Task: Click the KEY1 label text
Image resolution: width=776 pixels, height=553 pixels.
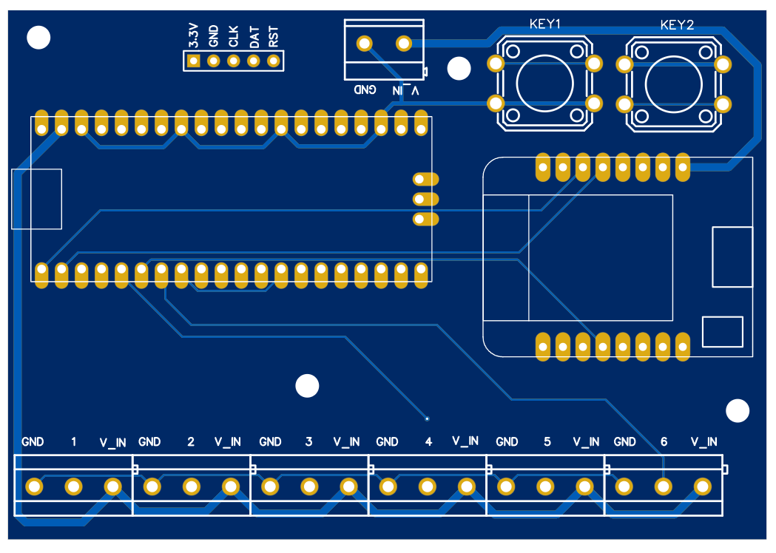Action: point(545,24)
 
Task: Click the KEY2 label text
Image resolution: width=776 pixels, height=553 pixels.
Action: point(676,25)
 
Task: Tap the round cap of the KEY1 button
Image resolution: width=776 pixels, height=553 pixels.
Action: point(544,83)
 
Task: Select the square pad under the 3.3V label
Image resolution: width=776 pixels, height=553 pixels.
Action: point(194,61)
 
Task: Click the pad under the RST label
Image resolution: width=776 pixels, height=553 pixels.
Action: point(274,61)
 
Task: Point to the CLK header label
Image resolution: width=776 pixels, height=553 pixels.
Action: point(234,36)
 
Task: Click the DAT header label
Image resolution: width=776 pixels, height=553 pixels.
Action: point(254,36)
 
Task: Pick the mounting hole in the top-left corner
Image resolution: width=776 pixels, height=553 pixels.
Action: point(38,37)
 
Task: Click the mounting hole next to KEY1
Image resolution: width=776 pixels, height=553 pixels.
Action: point(459,69)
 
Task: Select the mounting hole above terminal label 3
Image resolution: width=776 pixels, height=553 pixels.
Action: point(306,386)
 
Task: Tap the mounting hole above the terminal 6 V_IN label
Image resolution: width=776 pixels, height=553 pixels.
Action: point(738,411)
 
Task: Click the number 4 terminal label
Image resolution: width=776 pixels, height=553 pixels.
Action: point(428,442)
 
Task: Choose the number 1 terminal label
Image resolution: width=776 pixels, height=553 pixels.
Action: point(73,442)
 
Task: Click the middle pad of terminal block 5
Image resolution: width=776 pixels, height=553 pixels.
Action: point(545,486)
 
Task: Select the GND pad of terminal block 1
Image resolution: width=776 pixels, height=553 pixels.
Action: point(34,486)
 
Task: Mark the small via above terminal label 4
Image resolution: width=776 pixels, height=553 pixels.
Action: point(427,417)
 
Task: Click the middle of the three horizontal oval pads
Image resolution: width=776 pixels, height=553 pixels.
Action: point(425,199)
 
